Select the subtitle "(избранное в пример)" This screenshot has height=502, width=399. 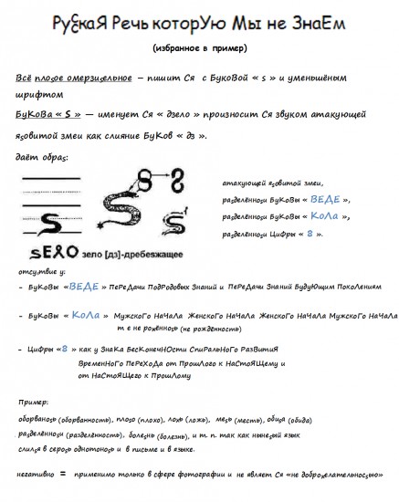click(x=199, y=47)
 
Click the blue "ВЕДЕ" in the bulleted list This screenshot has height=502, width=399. click(x=84, y=287)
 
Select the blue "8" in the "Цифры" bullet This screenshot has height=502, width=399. click(x=61, y=349)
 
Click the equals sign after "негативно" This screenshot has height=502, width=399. click(x=63, y=475)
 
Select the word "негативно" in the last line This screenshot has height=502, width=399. click(x=35, y=476)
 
